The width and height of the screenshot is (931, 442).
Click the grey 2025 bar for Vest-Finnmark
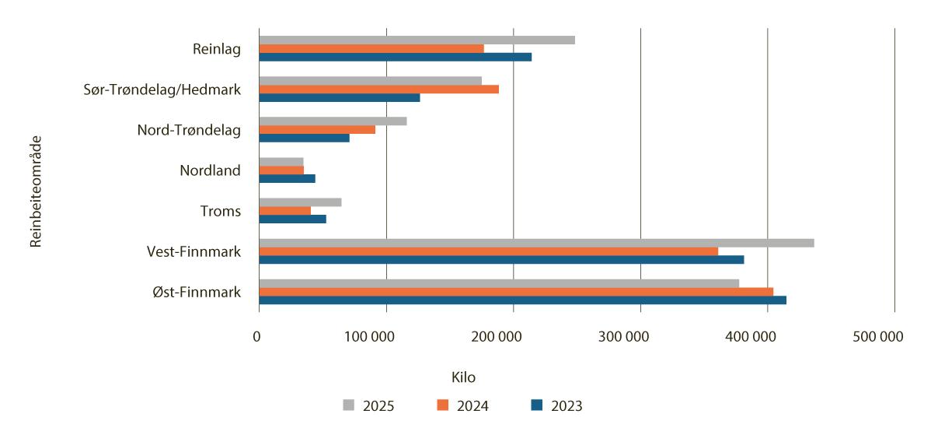point(536,243)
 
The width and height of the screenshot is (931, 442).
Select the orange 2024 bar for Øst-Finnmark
point(516,292)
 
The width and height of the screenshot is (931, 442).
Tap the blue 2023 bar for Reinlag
point(395,57)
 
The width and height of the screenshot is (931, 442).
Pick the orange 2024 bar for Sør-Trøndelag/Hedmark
point(378,89)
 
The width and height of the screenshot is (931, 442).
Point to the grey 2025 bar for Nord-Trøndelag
point(333,121)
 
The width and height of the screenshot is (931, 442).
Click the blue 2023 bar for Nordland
point(287,179)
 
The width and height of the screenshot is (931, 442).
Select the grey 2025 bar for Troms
point(300,202)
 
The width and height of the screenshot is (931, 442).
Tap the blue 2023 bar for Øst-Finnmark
point(522,300)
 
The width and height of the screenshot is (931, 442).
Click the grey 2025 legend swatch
point(349,405)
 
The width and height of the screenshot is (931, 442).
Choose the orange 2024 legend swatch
point(443,405)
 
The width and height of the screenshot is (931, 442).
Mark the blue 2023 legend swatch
point(536,405)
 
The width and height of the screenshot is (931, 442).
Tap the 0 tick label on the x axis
point(257,337)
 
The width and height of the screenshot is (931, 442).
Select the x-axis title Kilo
point(463,377)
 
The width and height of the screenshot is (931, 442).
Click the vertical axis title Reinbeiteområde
point(35,192)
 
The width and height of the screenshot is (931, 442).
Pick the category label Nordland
point(210,170)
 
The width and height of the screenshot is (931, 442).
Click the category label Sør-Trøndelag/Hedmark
point(162,89)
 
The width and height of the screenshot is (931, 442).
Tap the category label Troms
point(220,211)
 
